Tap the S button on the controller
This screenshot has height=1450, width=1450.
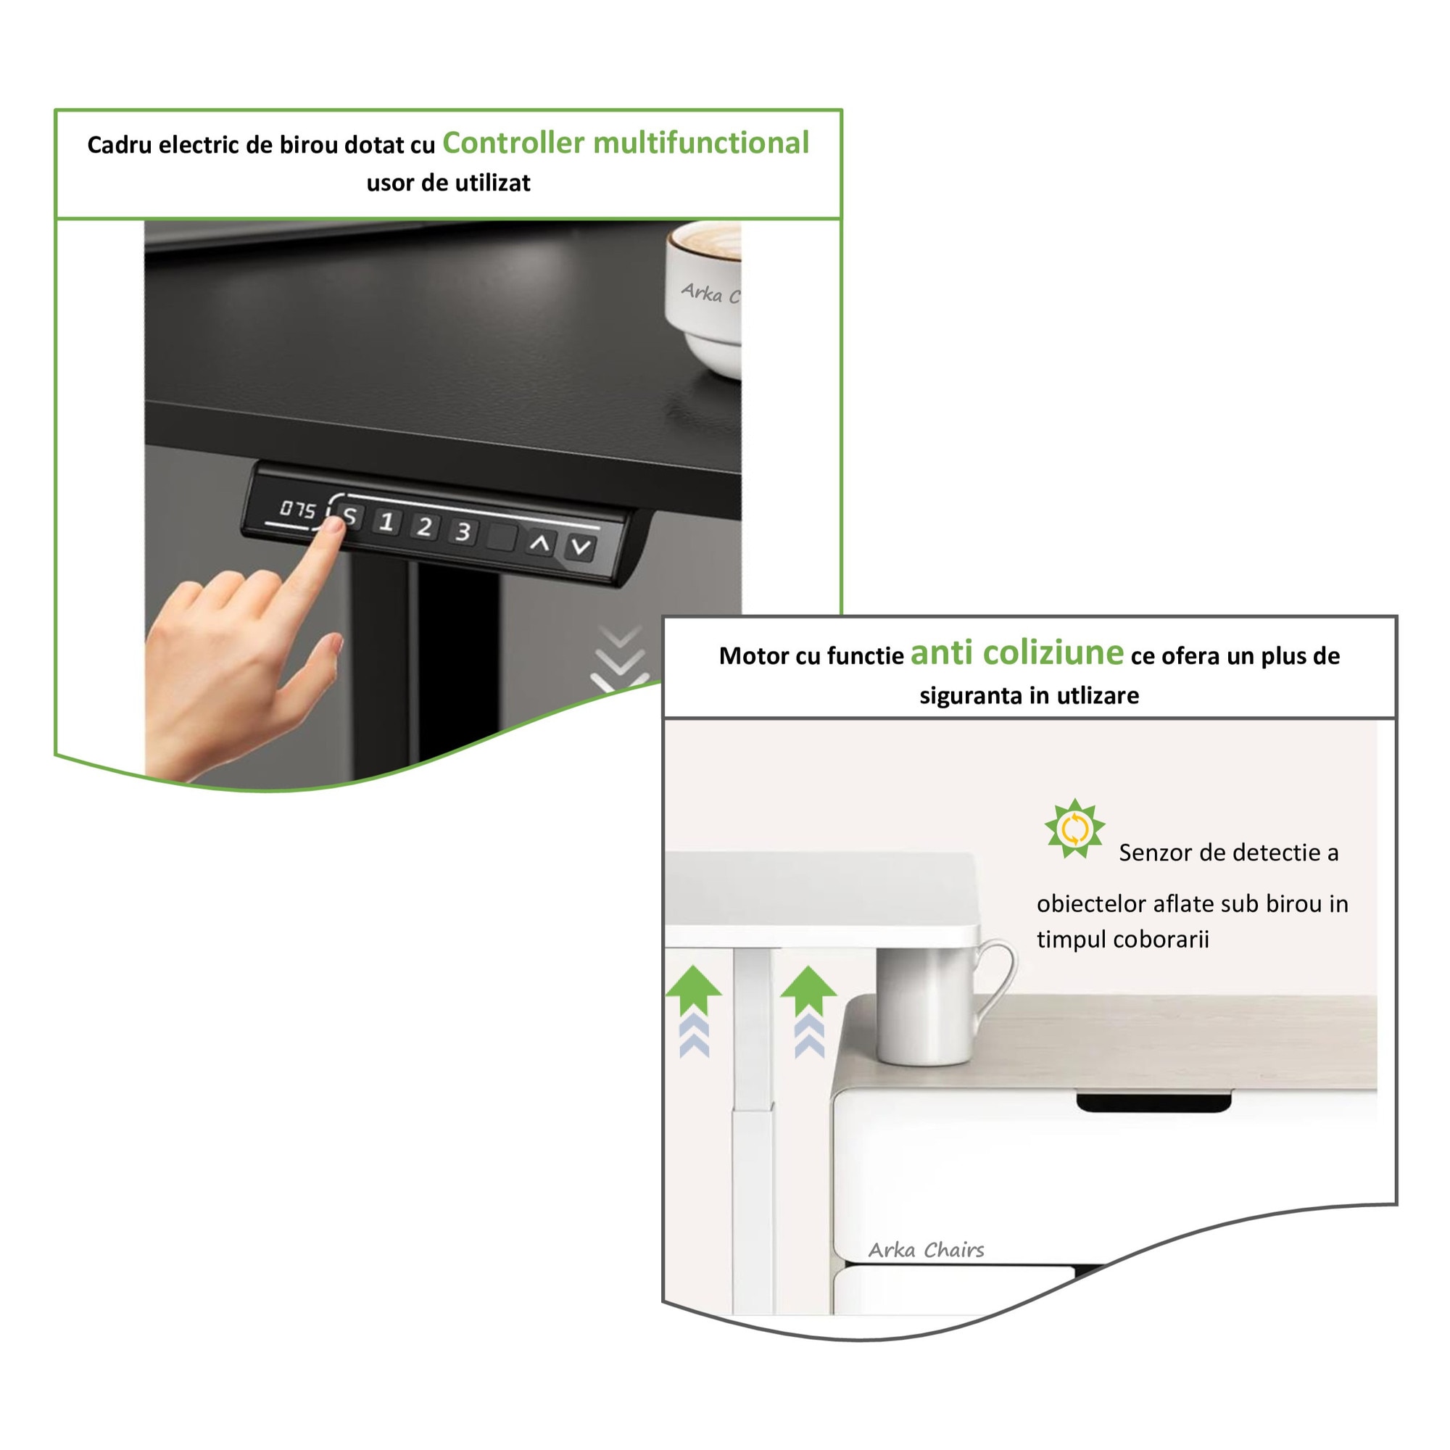pyautogui.click(x=349, y=516)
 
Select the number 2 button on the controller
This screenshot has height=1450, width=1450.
pyautogui.click(x=424, y=527)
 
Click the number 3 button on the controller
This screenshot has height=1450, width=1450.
pyautogui.click(x=463, y=532)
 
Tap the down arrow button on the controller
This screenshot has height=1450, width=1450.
pyautogui.click(x=580, y=547)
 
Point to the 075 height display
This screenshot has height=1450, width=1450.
pyautogui.click(x=297, y=510)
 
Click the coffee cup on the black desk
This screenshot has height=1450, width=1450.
pyautogui.click(x=703, y=299)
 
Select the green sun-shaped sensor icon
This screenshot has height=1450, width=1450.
pyautogui.click(x=1074, y=829)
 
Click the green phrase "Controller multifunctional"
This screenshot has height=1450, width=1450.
pyautogui.click(x=626, y=143)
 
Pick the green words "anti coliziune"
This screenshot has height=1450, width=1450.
pyautogui.click(x=1017, y=652)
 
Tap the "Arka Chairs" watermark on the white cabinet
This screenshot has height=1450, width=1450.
pyautogui.click(x=926, y=1250)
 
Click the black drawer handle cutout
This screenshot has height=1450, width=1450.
pyautogui.click(x=1154, y=1102)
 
